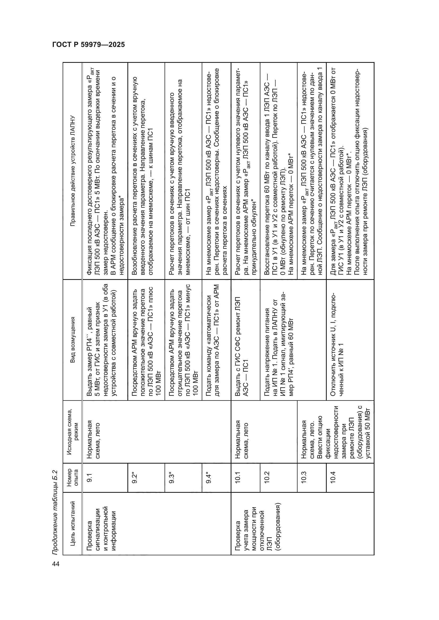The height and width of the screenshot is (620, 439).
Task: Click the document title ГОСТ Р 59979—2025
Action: [88, 45]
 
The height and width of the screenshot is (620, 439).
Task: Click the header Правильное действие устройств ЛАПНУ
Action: [72, 171]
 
